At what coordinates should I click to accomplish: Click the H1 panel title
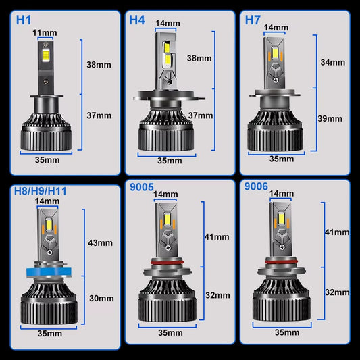tap(14, 20)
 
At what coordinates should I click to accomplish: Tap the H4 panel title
tap(137, 20)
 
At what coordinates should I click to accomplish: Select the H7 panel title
tap(253, 20)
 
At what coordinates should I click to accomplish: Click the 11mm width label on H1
tap(45, 32)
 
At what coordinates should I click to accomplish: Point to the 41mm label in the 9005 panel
tap(216, 237)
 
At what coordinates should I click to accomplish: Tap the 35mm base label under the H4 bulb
tap(169, 161)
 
